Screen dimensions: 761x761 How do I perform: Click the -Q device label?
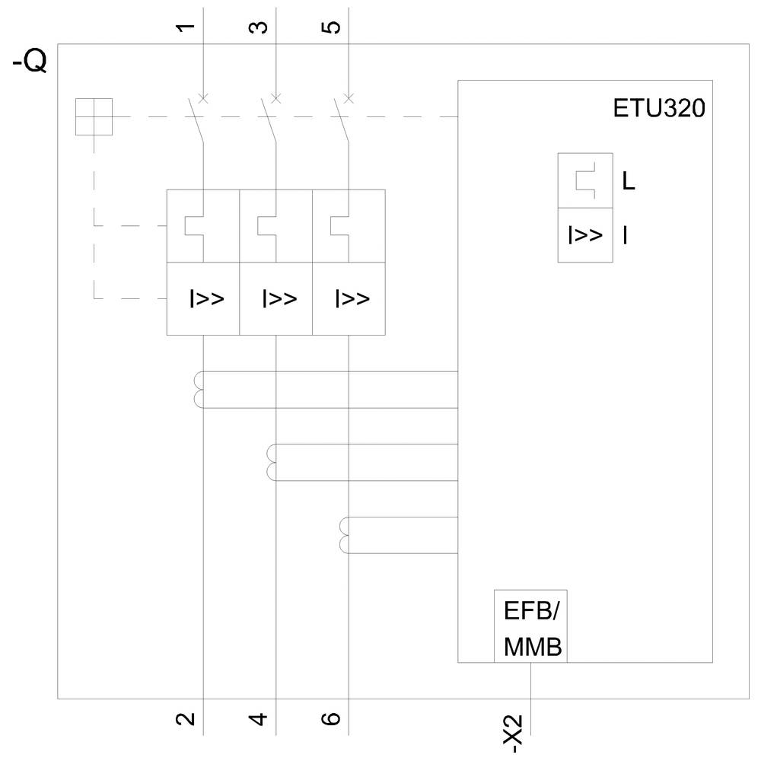30,61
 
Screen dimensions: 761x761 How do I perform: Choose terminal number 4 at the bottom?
259,718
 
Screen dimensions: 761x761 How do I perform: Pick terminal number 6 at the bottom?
333,718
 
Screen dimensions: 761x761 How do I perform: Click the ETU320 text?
659,108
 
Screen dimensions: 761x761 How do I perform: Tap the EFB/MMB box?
531,626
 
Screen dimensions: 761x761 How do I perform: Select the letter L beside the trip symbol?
629,182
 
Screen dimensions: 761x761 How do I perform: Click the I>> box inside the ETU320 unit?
585,235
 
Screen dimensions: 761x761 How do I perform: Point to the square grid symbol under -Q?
94,116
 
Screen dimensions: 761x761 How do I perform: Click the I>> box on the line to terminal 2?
204,298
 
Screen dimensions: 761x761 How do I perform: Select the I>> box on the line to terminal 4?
276,298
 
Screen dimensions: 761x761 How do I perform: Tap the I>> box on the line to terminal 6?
349,298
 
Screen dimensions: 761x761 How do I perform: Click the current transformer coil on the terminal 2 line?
199,389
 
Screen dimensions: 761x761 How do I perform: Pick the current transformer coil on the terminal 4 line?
271,462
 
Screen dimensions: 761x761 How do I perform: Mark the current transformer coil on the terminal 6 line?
343,534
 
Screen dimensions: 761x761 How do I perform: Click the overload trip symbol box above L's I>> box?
585,180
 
